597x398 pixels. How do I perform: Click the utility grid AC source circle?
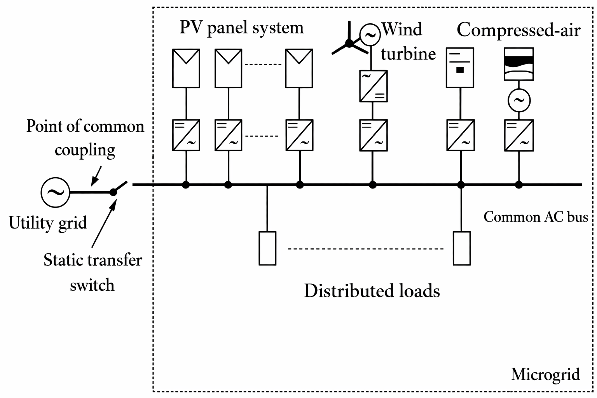(x=55, y=192)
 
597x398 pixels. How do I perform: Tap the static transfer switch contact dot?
(x=113, y=192)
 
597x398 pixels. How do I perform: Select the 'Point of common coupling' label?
(x=85, y=138)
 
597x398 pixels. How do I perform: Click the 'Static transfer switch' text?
(x=93, y=272)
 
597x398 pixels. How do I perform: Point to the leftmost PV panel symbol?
(x=186, y=68)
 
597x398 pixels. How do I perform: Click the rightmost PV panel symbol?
(x=299, y=68)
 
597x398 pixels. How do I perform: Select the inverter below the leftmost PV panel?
(x=186, y=135)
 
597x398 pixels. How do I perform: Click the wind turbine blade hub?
(x=349, y=44)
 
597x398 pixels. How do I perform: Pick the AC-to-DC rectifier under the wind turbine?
(x=373, y=86)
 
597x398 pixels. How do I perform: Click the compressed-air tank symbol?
(x=518, y=64)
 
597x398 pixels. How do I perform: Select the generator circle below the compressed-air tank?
(x=519, y=101)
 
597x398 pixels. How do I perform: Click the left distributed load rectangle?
(x=267, y=248)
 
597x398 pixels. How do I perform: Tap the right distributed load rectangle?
(x=462, y=248)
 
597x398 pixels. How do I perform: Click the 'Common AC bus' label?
(x=536, y=217)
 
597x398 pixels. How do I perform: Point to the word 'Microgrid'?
(x=545, y=374)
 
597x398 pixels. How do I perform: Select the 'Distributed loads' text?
(x=372, y=291)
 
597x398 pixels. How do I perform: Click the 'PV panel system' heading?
(x=241, y=28)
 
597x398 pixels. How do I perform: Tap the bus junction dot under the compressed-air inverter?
(x=519, y=185)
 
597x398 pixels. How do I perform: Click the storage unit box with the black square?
(x=460, y=68)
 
